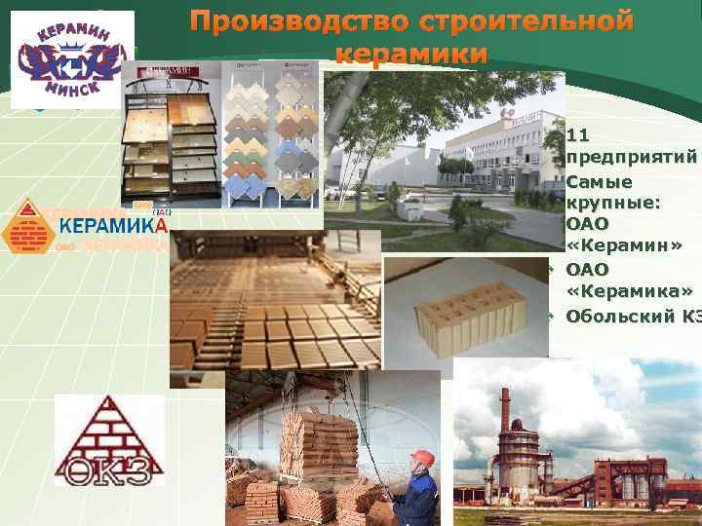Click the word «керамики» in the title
click(x=410, y=55)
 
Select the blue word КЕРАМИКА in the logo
click(x=114, y=226)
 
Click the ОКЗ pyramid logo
click(x=96, y=439)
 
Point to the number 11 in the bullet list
click(x=577, y=135)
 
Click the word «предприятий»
click(x=631, y=157)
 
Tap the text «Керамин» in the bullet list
click(x=620, y=245)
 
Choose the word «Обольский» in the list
click(x=621, y=315)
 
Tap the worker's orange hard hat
click(x=421, y=458)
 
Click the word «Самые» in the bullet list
click(x=599, y=181)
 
